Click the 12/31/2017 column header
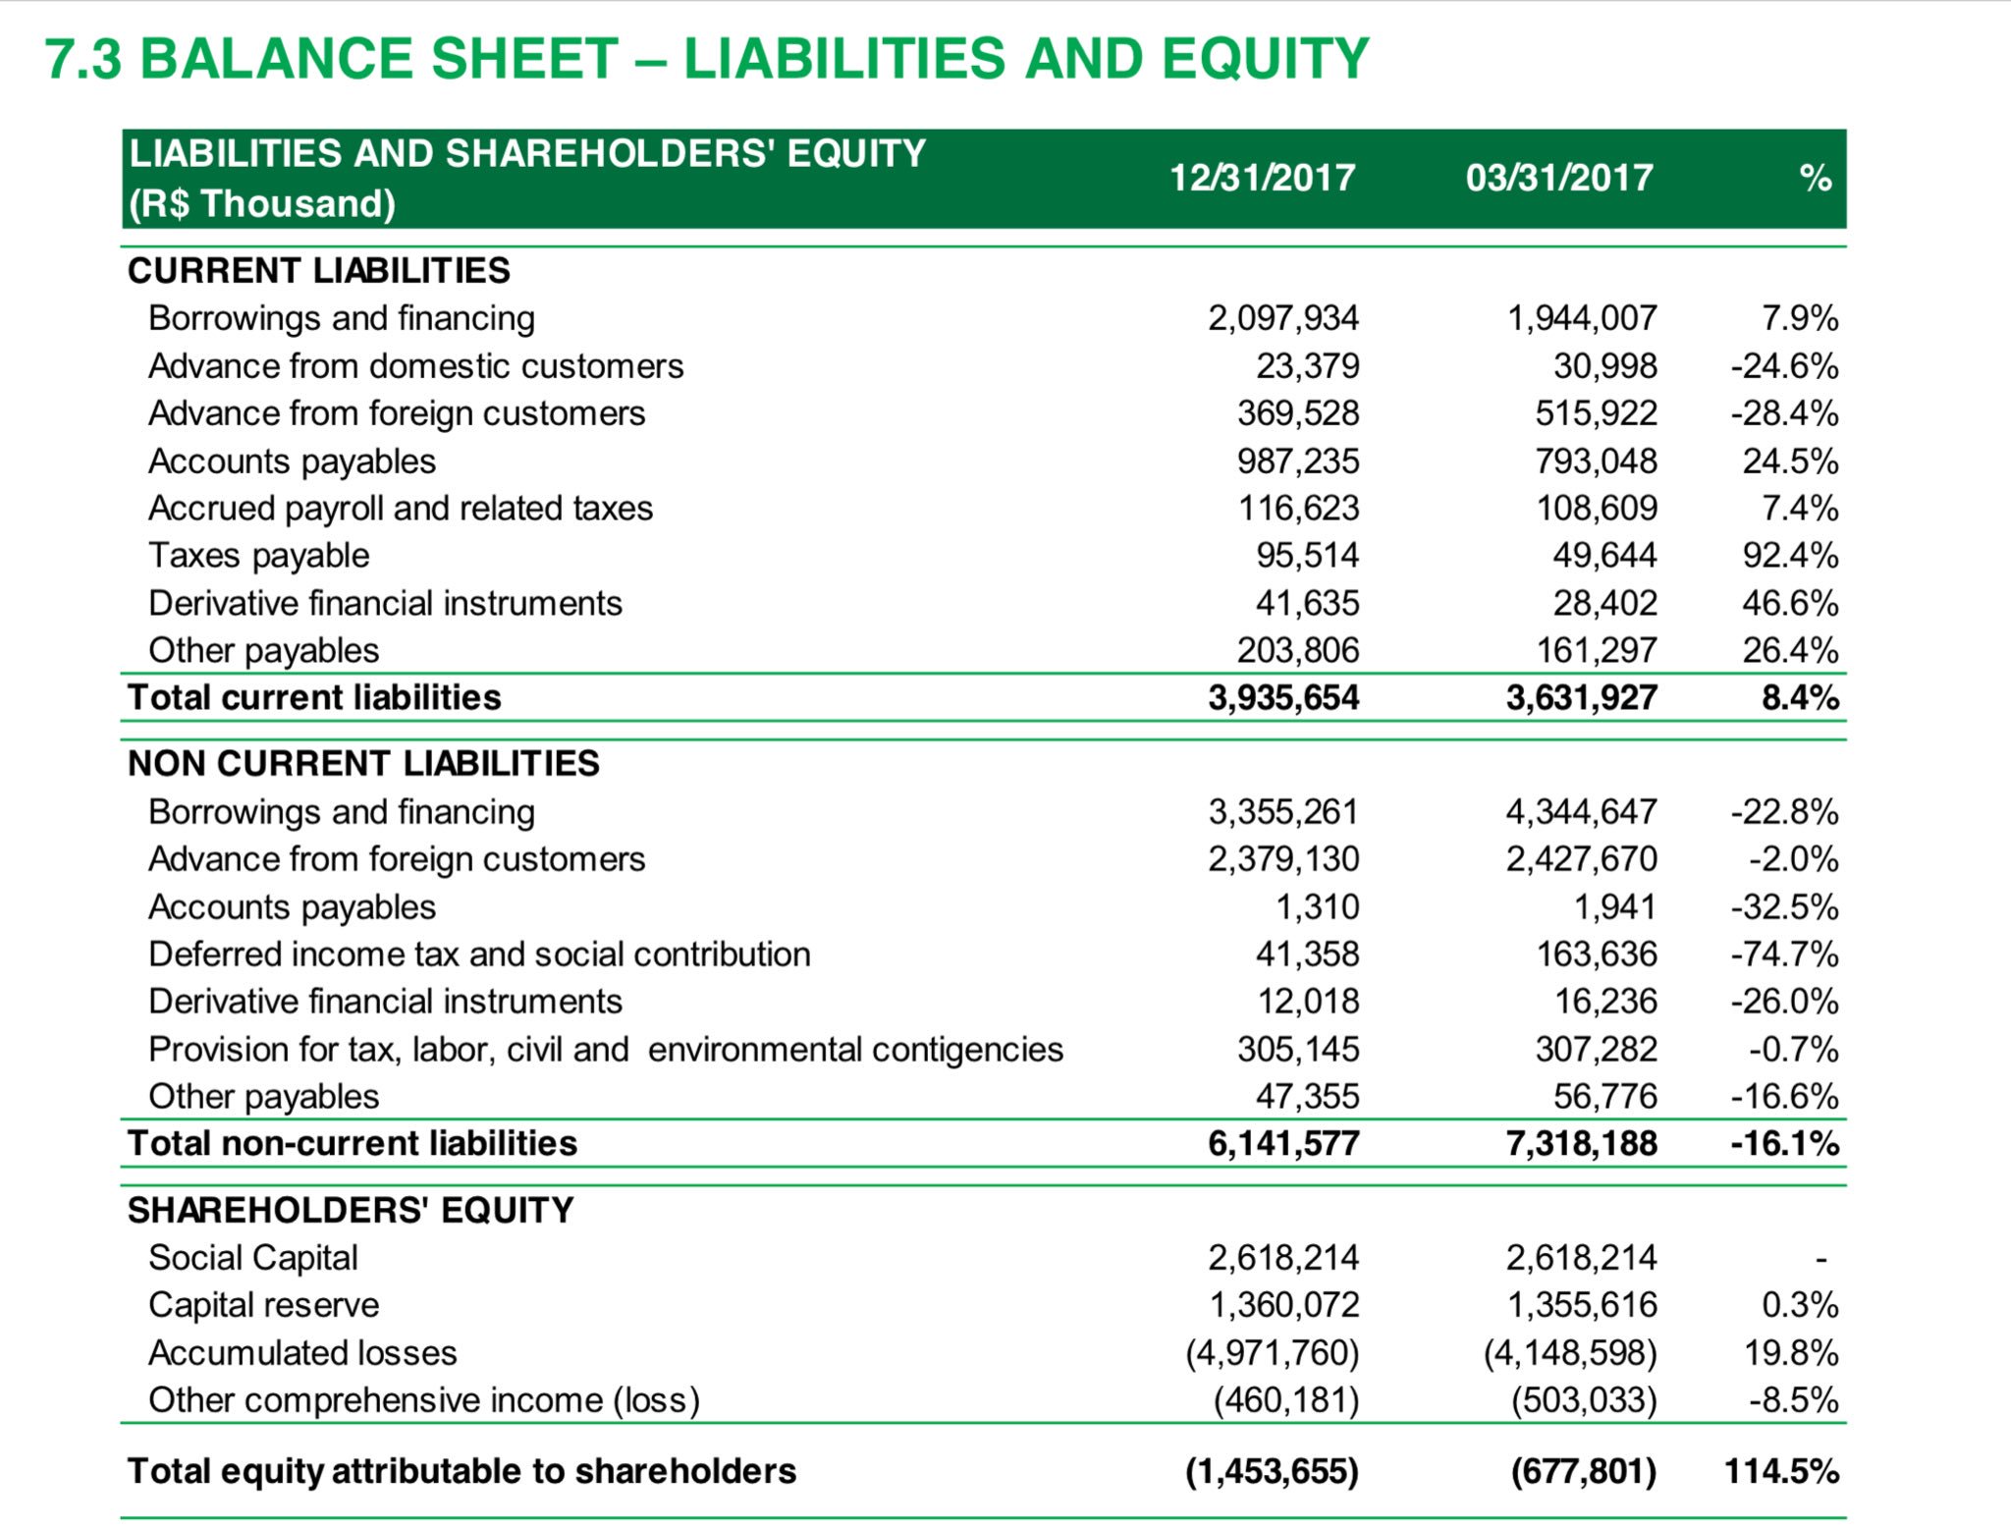(x=1262, y=178)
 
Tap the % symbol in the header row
(x=1815, y=179)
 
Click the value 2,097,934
(x=1282, y=318)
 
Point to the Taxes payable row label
(x=258, y=556)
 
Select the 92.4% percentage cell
(x=1789, y=556)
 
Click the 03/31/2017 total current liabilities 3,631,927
(x=1581, y=697)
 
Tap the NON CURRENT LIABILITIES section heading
(x=363, y=763)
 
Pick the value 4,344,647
(x=1581, y=812)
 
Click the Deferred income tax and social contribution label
(x=479, y=954)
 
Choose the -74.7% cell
(x=1783, y=954)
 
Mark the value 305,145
(x=1297, y=1050)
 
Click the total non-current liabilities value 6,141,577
(x=1282, y=1143)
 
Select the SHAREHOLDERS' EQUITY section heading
(x=351, y=1210)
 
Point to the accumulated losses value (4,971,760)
(x=1272, y=1353)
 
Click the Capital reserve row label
(x=263, y=1305)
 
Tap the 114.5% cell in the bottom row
(x=1780, y=1471)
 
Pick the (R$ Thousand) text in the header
(x=262, y=204)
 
